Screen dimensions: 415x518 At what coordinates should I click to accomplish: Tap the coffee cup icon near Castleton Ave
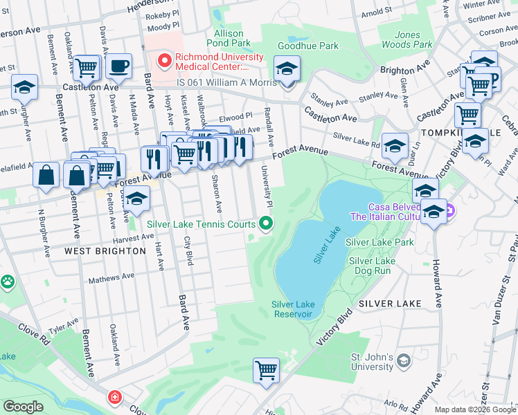pyautogui.click(x=118, y=67)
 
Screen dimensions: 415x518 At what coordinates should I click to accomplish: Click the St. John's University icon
pyautogui.click(x=403, y=360)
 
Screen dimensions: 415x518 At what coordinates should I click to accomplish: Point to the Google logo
pyautogui.click(x=22, y=407)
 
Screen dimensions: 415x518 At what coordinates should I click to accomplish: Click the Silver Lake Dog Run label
pyautogui.click(x=372, y=266)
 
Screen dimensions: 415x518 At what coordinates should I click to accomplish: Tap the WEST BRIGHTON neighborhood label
pyautogui.click(x=105, y=251)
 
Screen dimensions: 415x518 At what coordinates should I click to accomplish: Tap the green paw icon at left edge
pyautogui.click(x=6, y=282)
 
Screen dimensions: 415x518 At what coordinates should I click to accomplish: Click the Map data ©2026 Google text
pyautogui.click(x=474, y=409)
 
